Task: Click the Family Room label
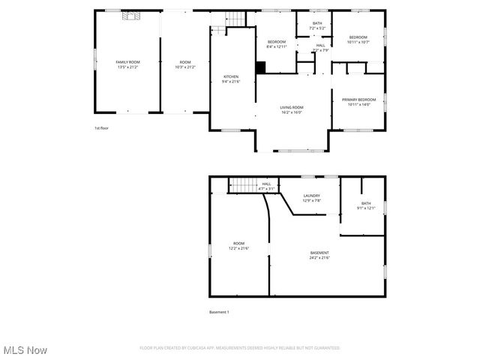127,62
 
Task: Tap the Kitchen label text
231,76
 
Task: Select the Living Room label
292,107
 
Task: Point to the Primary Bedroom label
358,100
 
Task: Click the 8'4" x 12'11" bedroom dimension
277,46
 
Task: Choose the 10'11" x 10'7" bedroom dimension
358,42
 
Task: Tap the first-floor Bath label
317,23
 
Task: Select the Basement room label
319,253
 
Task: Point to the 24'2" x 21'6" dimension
319,258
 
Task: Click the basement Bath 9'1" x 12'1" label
365,205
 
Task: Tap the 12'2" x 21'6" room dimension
238,248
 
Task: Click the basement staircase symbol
242,184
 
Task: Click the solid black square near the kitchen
260,67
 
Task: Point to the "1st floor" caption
101,128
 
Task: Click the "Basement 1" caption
219,312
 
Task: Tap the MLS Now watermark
25,350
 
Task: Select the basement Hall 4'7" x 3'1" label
266,186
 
